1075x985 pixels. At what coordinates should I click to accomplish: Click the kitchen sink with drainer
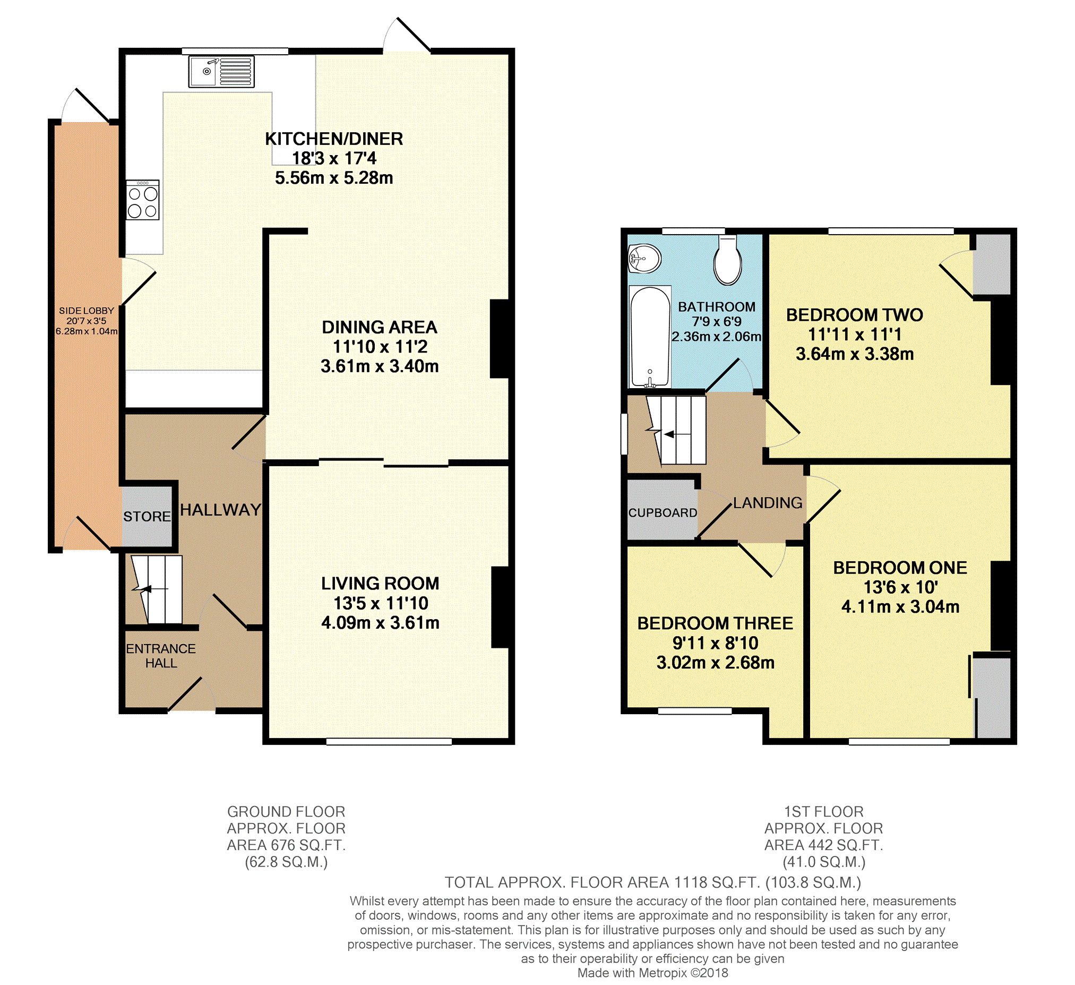pos(221,72)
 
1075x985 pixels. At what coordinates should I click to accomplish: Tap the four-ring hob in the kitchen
pos(143,200)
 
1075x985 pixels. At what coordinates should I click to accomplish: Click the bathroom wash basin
pos(644,259)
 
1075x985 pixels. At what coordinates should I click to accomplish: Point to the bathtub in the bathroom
pos(649,337)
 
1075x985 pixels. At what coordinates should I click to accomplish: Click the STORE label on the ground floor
pos(147,516)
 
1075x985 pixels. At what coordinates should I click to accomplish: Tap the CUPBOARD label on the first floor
pos(663,512)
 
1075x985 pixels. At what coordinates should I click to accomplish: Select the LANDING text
pos(768,502)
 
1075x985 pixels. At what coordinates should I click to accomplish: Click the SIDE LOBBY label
pos(87,311)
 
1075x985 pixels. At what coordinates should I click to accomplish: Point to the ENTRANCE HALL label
pos(161,656)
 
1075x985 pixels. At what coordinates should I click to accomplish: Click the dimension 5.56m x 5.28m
pos(334,177)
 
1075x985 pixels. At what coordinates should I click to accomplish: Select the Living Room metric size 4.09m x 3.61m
pos(380,622)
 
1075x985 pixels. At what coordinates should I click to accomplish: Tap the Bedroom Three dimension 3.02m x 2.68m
pos(716,662)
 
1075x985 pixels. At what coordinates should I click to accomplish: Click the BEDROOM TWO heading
pos(855,315)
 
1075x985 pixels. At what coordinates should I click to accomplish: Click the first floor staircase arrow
pos(677,435)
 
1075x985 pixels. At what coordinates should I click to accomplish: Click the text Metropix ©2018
pos(684,973)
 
